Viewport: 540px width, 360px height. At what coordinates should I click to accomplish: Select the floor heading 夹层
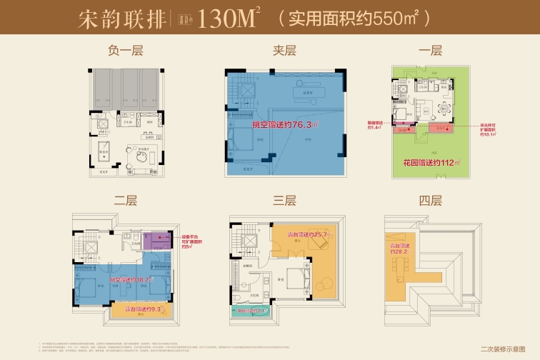click(x=284, y=51)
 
